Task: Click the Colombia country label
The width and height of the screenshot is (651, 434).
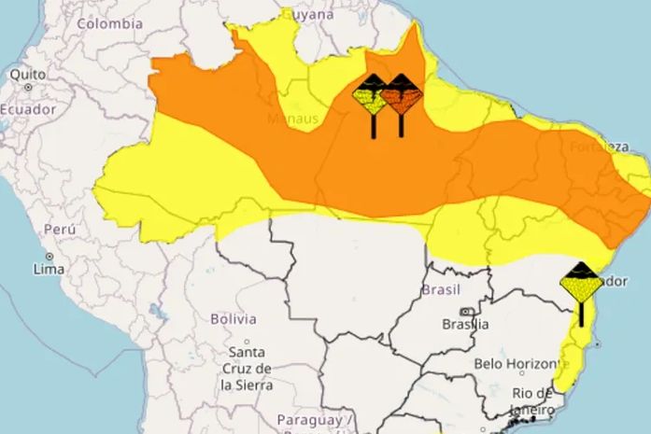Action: (x=109, y=24)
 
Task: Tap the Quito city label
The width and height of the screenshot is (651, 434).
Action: (x=27, y=73)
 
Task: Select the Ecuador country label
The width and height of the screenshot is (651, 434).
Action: (x=28, y=108)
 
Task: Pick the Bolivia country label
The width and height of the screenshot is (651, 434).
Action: (x=233, y=318)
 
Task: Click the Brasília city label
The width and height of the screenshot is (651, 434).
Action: (x=465, y=324)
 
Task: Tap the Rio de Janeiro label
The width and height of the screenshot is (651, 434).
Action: (x=532, y=399)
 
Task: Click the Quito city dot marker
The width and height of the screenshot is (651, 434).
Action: (x=28, y=87)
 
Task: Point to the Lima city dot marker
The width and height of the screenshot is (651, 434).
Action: (x=49, y=256)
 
